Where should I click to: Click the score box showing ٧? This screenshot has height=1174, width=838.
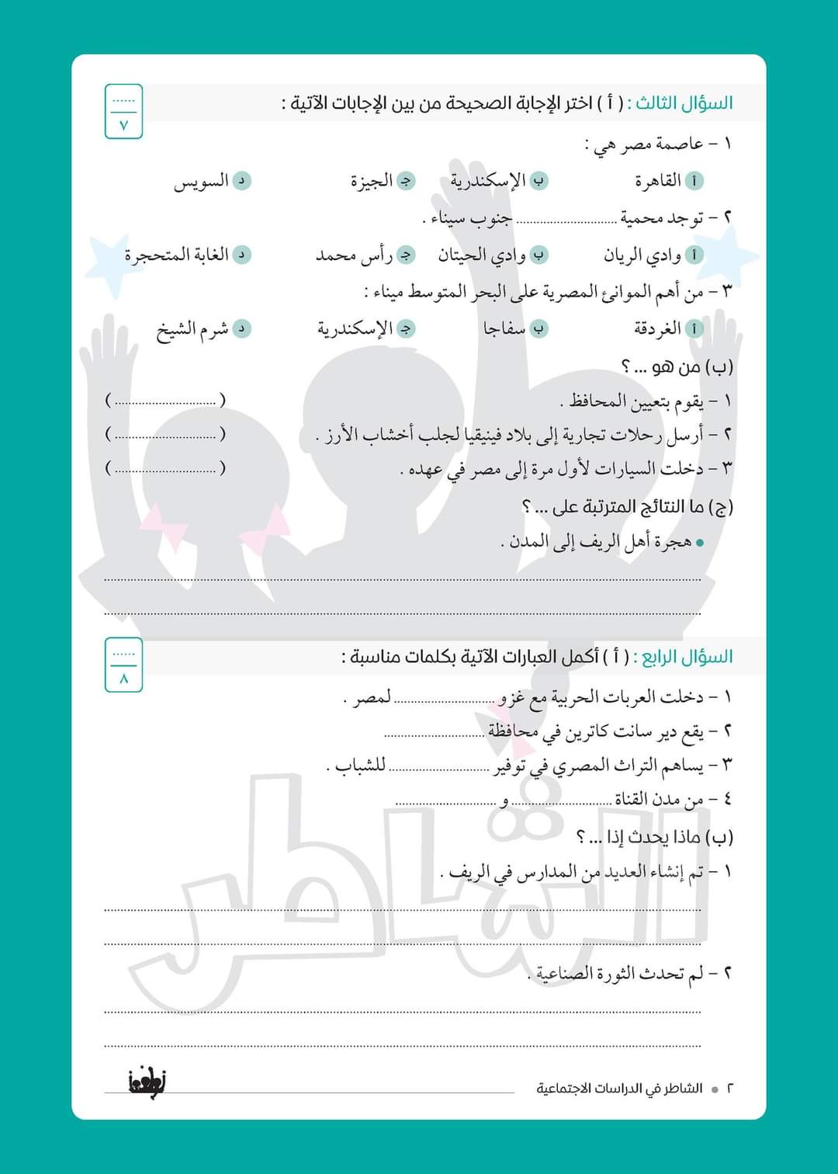[124, 112]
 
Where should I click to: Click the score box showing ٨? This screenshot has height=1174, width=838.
[124, 665]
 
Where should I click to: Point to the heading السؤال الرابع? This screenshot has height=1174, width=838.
[683, 657]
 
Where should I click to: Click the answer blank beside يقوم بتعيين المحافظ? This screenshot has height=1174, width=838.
[165, 401]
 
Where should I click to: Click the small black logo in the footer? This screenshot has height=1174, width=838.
[147, 1081]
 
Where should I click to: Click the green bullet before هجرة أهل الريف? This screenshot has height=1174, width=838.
[700, 544]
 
